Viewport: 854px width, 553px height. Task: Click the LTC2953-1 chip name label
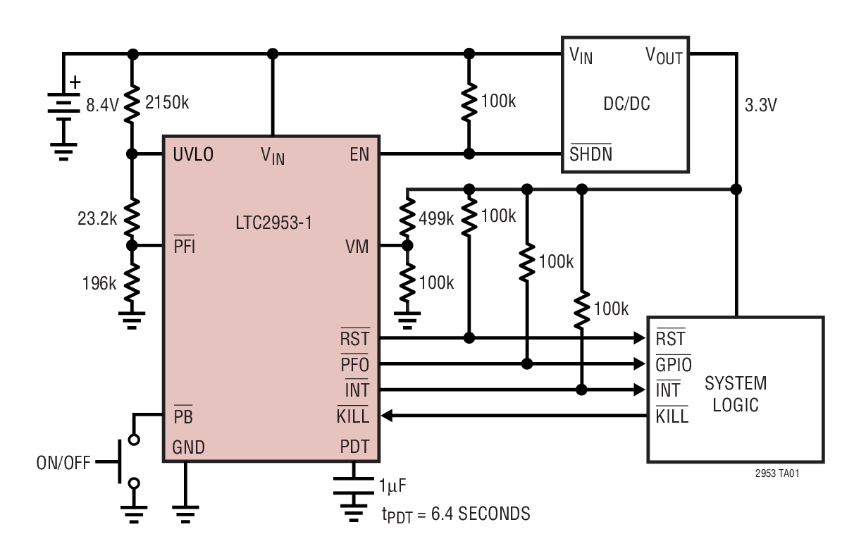273,224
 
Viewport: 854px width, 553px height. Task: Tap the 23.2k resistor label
97,218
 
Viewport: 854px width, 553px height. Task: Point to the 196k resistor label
99,283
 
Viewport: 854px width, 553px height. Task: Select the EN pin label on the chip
359,154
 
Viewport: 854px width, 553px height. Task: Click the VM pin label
357,247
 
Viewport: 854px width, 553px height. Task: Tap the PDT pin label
354,447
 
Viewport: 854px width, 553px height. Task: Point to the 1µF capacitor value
392,485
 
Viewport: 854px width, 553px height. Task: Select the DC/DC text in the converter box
626,105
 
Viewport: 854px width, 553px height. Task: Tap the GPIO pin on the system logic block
673,365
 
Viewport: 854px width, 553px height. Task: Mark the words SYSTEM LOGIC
735,394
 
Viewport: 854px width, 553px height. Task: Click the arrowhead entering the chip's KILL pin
387,416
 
